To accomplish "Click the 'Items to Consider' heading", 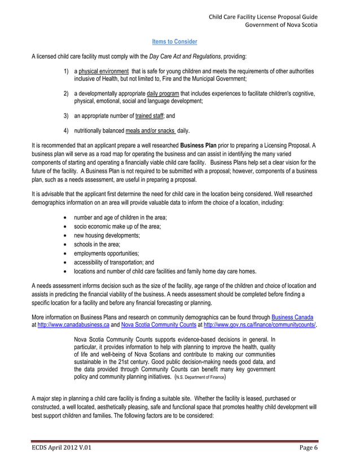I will click(x=174, y=42).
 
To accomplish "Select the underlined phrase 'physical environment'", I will click(x=104, y=72).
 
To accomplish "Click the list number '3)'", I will click(x=67, y=116).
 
